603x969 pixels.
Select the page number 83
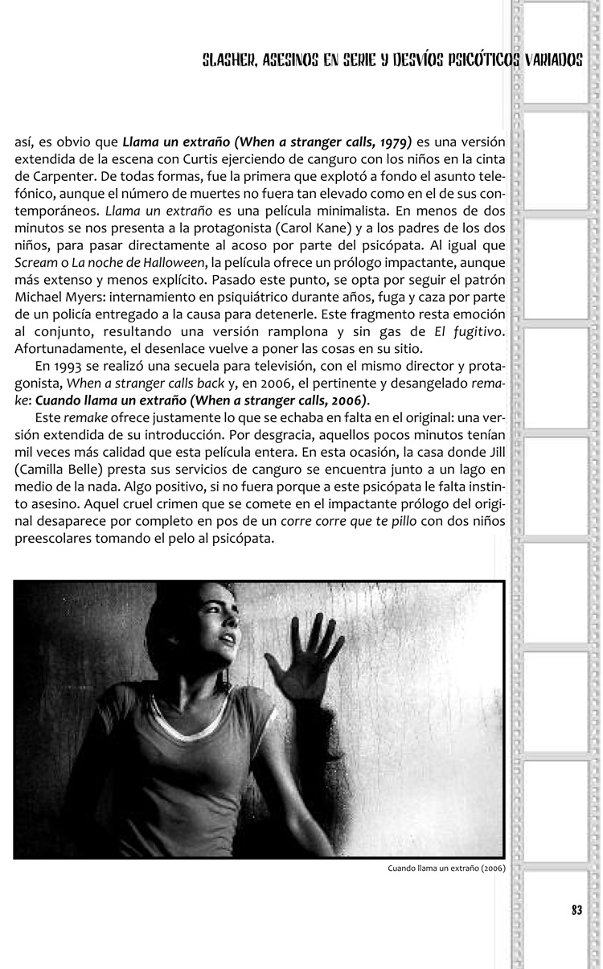point(576,909)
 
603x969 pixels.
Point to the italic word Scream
point(35,262)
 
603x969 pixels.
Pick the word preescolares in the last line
point(50,539)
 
